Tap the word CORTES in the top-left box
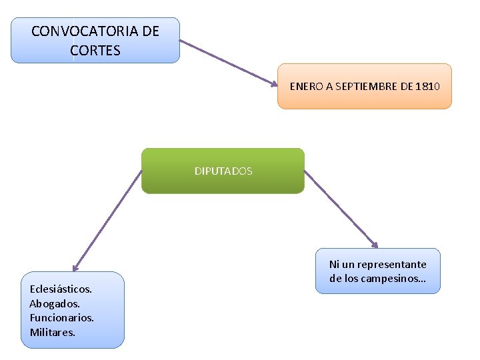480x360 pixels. click(x=95, y=51)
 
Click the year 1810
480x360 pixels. click(x=427, y=87)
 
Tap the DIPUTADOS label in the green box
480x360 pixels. click(x=223, y=171)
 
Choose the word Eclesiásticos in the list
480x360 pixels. click(x=61, y=289)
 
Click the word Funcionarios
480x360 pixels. click(x=61, y=317)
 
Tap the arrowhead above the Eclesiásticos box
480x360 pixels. click(x=75, y=267)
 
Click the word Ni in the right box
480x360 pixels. click(x=335, y=264)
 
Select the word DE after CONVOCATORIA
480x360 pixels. click(x=151, y=31)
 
